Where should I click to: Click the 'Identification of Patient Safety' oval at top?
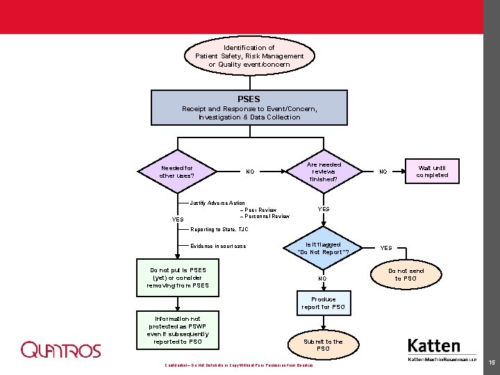[x=249, y=56]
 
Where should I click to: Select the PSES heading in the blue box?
[x=249, y=99]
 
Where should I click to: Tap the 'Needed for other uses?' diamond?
[x=177, y=172]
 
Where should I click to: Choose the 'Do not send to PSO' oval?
[x=406, y=274]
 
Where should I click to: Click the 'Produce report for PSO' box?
[x=324, y=303]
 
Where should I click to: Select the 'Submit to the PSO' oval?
[x=324, y=344]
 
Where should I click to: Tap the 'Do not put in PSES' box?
[x=178, y=278]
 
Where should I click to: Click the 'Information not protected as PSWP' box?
[x=178, y=331]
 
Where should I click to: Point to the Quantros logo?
[x=61, y=350]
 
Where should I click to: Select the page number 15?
[x=491, y=362]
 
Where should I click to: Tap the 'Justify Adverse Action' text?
[x=217, y=203]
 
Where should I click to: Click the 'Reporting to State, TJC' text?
[x=219, y=229]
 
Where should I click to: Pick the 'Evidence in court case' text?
[x=218, y=246]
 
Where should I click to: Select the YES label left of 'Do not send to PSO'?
[x=386, y=248]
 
